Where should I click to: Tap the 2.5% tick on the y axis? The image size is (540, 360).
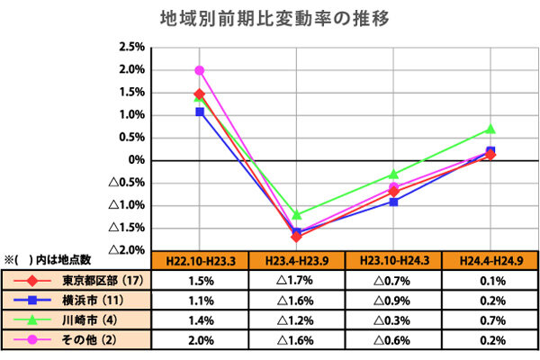tap(132, 47)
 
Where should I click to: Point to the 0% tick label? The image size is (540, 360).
tap(135, 160)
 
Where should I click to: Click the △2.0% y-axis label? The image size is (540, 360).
tap(128, 249)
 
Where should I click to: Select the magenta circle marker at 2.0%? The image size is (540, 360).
tap(199, 70)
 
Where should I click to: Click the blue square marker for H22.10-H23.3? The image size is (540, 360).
tap(199, 112)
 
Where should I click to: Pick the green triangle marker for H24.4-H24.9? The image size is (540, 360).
tap(490, 130)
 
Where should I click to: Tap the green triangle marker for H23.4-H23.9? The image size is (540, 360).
tap(296, 215)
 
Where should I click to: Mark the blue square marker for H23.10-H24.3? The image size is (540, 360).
tap(393, 202)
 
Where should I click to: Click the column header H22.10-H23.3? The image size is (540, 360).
tap(199, 261)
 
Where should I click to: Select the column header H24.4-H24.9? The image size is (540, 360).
tap(490, 261)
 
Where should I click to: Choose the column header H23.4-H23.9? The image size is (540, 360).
tap(296, 261)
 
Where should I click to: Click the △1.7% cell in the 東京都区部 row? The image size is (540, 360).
tap(296, 280)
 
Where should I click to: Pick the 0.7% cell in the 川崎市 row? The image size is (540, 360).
tap(490, 319)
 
